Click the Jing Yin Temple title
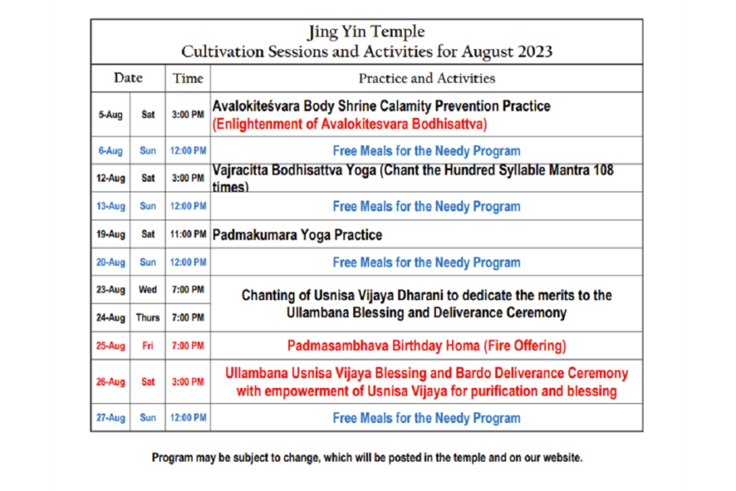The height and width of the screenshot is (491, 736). point(366,32)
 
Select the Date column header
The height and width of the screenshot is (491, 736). point(128,78)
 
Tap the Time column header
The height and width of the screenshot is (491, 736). point(188,78)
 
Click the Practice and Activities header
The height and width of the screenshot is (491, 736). point(427,78)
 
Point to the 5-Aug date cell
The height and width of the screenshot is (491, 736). point(110,115)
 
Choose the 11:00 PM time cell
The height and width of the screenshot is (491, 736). point(188,234)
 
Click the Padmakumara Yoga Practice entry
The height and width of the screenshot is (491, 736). point(297,234)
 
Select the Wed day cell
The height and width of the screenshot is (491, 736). point(147,289)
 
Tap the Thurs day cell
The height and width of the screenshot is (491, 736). point(147,318)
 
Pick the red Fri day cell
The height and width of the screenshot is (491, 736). point(147,346)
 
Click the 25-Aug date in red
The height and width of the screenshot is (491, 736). point(110,346)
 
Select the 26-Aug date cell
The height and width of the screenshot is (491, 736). point(110,382)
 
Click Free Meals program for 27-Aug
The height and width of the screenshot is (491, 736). point(427,417)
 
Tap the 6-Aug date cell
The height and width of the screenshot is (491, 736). point(110,150)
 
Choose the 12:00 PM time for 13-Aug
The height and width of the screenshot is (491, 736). point(188,206)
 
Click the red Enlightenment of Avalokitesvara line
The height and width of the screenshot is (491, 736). point(350,124)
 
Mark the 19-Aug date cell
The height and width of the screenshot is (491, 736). point(110,234)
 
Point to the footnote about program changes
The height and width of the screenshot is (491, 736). point(367,458)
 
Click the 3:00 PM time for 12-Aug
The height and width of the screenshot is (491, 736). point(188,178)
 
